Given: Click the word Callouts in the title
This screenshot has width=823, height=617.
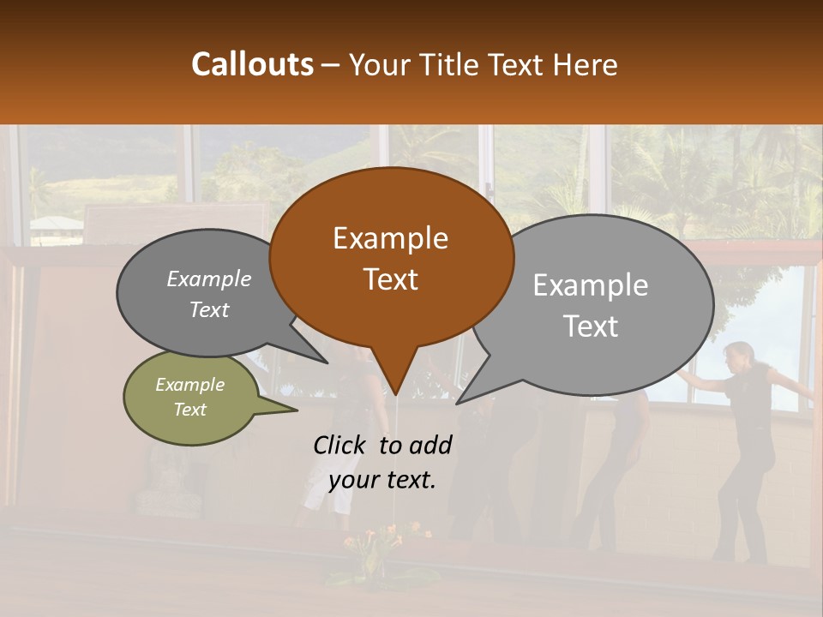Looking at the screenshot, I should (x=252, y=64).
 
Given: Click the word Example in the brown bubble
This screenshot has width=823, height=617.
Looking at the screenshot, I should (x=390, y=238).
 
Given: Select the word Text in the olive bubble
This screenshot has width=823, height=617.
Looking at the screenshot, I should (x=190, y=410).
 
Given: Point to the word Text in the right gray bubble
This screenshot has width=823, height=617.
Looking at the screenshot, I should (x=591, y=326).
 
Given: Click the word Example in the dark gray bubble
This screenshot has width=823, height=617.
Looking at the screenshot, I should (x=208, y=279).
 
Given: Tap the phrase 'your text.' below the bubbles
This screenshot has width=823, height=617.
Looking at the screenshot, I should (x=382, y=480).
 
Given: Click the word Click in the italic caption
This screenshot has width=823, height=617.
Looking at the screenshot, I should (x=341, y=445).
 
